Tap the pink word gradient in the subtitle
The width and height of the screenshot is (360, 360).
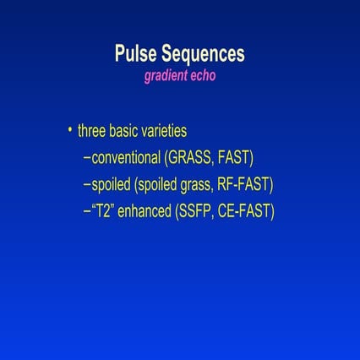168,74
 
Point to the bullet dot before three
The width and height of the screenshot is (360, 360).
69,130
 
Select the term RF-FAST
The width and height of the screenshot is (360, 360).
244,184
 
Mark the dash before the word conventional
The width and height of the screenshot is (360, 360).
88,158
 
